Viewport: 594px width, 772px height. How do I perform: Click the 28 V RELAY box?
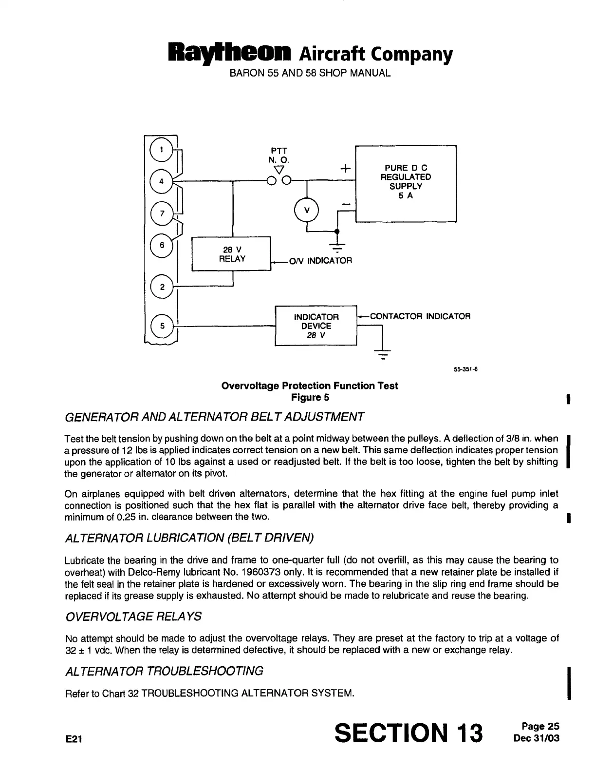[231, 253]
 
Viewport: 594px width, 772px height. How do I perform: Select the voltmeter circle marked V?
[306, 210]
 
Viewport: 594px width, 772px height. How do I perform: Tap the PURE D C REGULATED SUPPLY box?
[406, 183]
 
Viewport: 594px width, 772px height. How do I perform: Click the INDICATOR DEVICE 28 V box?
[316, 326]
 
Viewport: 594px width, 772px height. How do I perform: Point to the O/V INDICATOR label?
[320, 261]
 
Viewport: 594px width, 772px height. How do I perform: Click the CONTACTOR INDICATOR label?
[420, 316]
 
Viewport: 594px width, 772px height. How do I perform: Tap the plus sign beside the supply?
[345, 169]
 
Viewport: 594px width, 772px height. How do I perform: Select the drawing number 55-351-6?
[464, 369]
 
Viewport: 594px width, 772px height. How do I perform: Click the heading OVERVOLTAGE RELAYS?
[133, 617]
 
